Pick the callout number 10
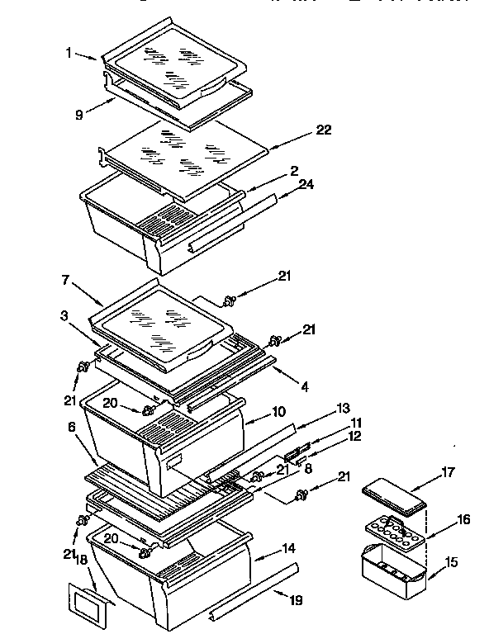click(278, 410)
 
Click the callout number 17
click(447, 473)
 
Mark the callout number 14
click(287, 547)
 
